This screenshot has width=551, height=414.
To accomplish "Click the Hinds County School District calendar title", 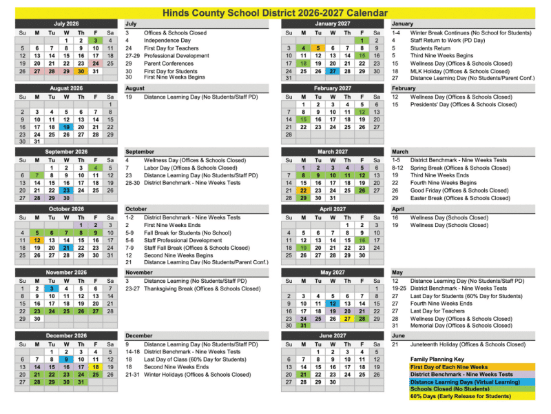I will (275, 12).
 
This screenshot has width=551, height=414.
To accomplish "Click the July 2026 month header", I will (66, 23).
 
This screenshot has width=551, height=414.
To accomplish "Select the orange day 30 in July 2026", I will (81, 71).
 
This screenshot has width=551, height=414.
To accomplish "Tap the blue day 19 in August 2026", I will (66, 127).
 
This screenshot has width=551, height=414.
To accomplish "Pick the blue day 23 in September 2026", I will (66, 190).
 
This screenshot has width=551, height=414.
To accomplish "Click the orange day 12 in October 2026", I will (37, 240).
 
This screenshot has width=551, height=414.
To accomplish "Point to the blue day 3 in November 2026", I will (52, 288).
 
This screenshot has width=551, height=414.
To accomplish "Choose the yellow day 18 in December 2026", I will (96, 367).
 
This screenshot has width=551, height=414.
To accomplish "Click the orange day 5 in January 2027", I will (318, 48).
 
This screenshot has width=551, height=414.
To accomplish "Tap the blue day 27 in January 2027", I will (333, 71).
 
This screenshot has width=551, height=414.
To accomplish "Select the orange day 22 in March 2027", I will (303, 190).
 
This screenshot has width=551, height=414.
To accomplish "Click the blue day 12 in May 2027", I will (333, 304).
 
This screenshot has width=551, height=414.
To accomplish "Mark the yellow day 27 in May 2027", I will (347, 319).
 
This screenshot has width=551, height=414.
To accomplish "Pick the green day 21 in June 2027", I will (303, 375).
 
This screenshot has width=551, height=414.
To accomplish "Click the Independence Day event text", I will (167, 41).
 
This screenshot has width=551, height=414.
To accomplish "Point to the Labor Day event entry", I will (190, 168).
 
